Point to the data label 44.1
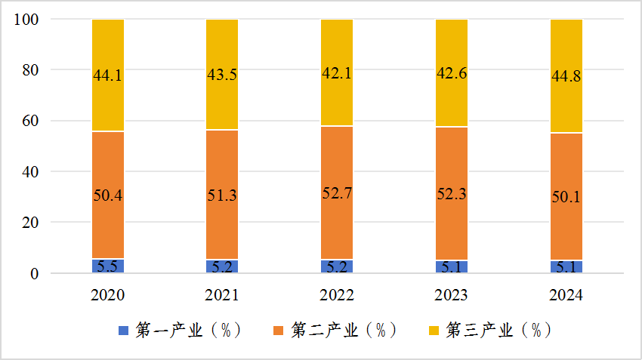click(108, 75)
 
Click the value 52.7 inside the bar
click(337, 192)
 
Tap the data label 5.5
click(108, 266)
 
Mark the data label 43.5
click(222, 75)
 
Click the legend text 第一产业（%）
click(188, 331)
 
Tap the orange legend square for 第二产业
click(278, 331)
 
